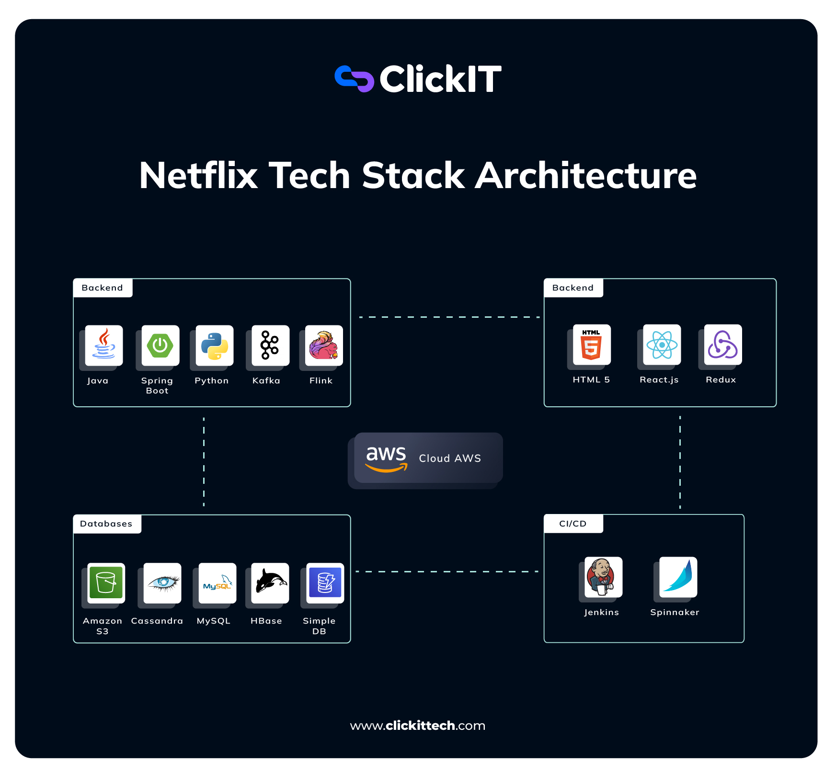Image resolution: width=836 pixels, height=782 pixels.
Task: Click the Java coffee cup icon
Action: pos(104,345)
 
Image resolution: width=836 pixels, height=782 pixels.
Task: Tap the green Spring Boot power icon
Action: pos(160,345)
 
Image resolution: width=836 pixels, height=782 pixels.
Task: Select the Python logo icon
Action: pos(215,346)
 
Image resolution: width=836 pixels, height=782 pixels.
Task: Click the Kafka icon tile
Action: pos(270,345)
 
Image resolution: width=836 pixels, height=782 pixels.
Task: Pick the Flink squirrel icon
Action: pos(324,345)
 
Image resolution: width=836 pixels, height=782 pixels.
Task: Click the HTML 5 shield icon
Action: pos(592,345)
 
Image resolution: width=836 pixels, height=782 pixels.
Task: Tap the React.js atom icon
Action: pos(662,345)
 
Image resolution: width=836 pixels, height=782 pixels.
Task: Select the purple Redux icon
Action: pos(722,345)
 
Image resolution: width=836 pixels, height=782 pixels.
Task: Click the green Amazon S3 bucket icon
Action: pos(106,582)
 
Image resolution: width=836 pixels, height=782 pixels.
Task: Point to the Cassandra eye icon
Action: pos(162,582)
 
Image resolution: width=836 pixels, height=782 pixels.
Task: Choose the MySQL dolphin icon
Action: pos(218,583)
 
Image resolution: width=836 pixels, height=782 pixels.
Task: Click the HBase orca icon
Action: pos(270,582)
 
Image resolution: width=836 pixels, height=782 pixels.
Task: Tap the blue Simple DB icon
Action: pos(325,582)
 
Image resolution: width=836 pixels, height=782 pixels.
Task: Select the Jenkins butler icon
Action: pos(603,577)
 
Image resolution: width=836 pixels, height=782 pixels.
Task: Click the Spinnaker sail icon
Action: pos(678,577)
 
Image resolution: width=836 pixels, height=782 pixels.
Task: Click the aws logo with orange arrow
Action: pos(386,458)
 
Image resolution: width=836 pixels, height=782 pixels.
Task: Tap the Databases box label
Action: pos(106,524)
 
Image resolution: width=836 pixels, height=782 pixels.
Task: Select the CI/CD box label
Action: pos(573,524)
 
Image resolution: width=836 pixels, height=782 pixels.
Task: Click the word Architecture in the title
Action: pos(585,176)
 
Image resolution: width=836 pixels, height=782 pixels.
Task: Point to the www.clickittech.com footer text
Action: pos(418,726)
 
